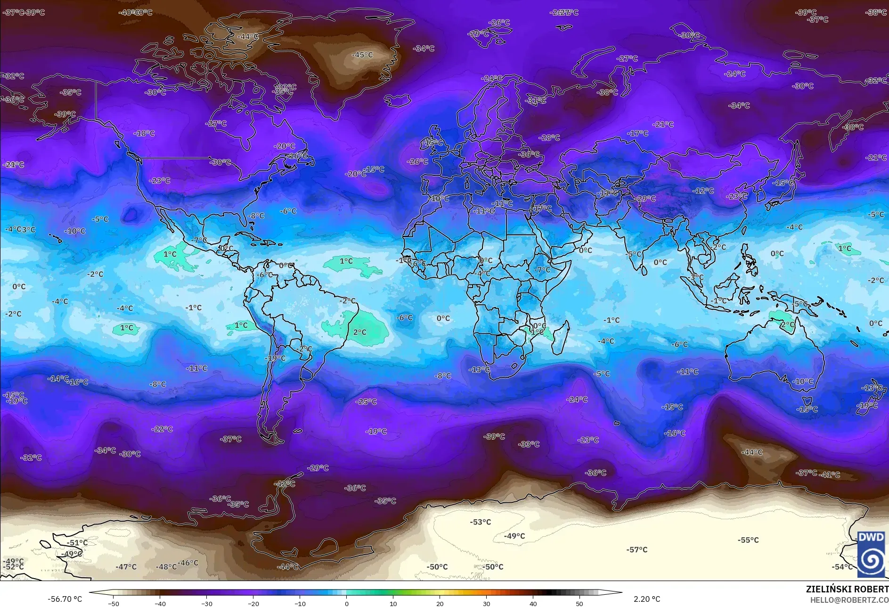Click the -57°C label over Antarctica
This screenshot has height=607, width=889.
click(637, 549)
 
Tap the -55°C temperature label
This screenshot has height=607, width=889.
click(748, 540)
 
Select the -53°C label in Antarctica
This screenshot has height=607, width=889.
click(481, 522)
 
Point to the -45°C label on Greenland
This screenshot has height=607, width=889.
click(362, 55)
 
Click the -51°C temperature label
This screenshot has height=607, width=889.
click(77, 543)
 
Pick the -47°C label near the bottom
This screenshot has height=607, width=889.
click(126, 567)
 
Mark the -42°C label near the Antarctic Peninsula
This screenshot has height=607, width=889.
click(285, 484)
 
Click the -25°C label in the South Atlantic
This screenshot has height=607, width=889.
click(367, 402)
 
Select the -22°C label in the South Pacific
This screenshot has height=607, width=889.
click(162, 429)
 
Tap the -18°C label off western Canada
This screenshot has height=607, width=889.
click(144, 133)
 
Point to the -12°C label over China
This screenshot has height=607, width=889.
click(703, 191)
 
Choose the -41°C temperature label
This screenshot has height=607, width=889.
click(830, 475)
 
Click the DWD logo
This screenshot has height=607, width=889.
click(871, 555)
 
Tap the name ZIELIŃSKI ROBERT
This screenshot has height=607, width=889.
click(847, 589)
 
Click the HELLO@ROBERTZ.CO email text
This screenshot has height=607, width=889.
click(849, 600)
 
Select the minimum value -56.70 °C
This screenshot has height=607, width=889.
click(65, 599)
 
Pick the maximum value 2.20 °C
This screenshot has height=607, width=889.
click(647, 599)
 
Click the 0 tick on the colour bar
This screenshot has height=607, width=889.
click(347, 604)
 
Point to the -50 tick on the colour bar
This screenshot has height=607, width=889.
click(114, 604)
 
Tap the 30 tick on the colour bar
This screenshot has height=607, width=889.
click(486, 604)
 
